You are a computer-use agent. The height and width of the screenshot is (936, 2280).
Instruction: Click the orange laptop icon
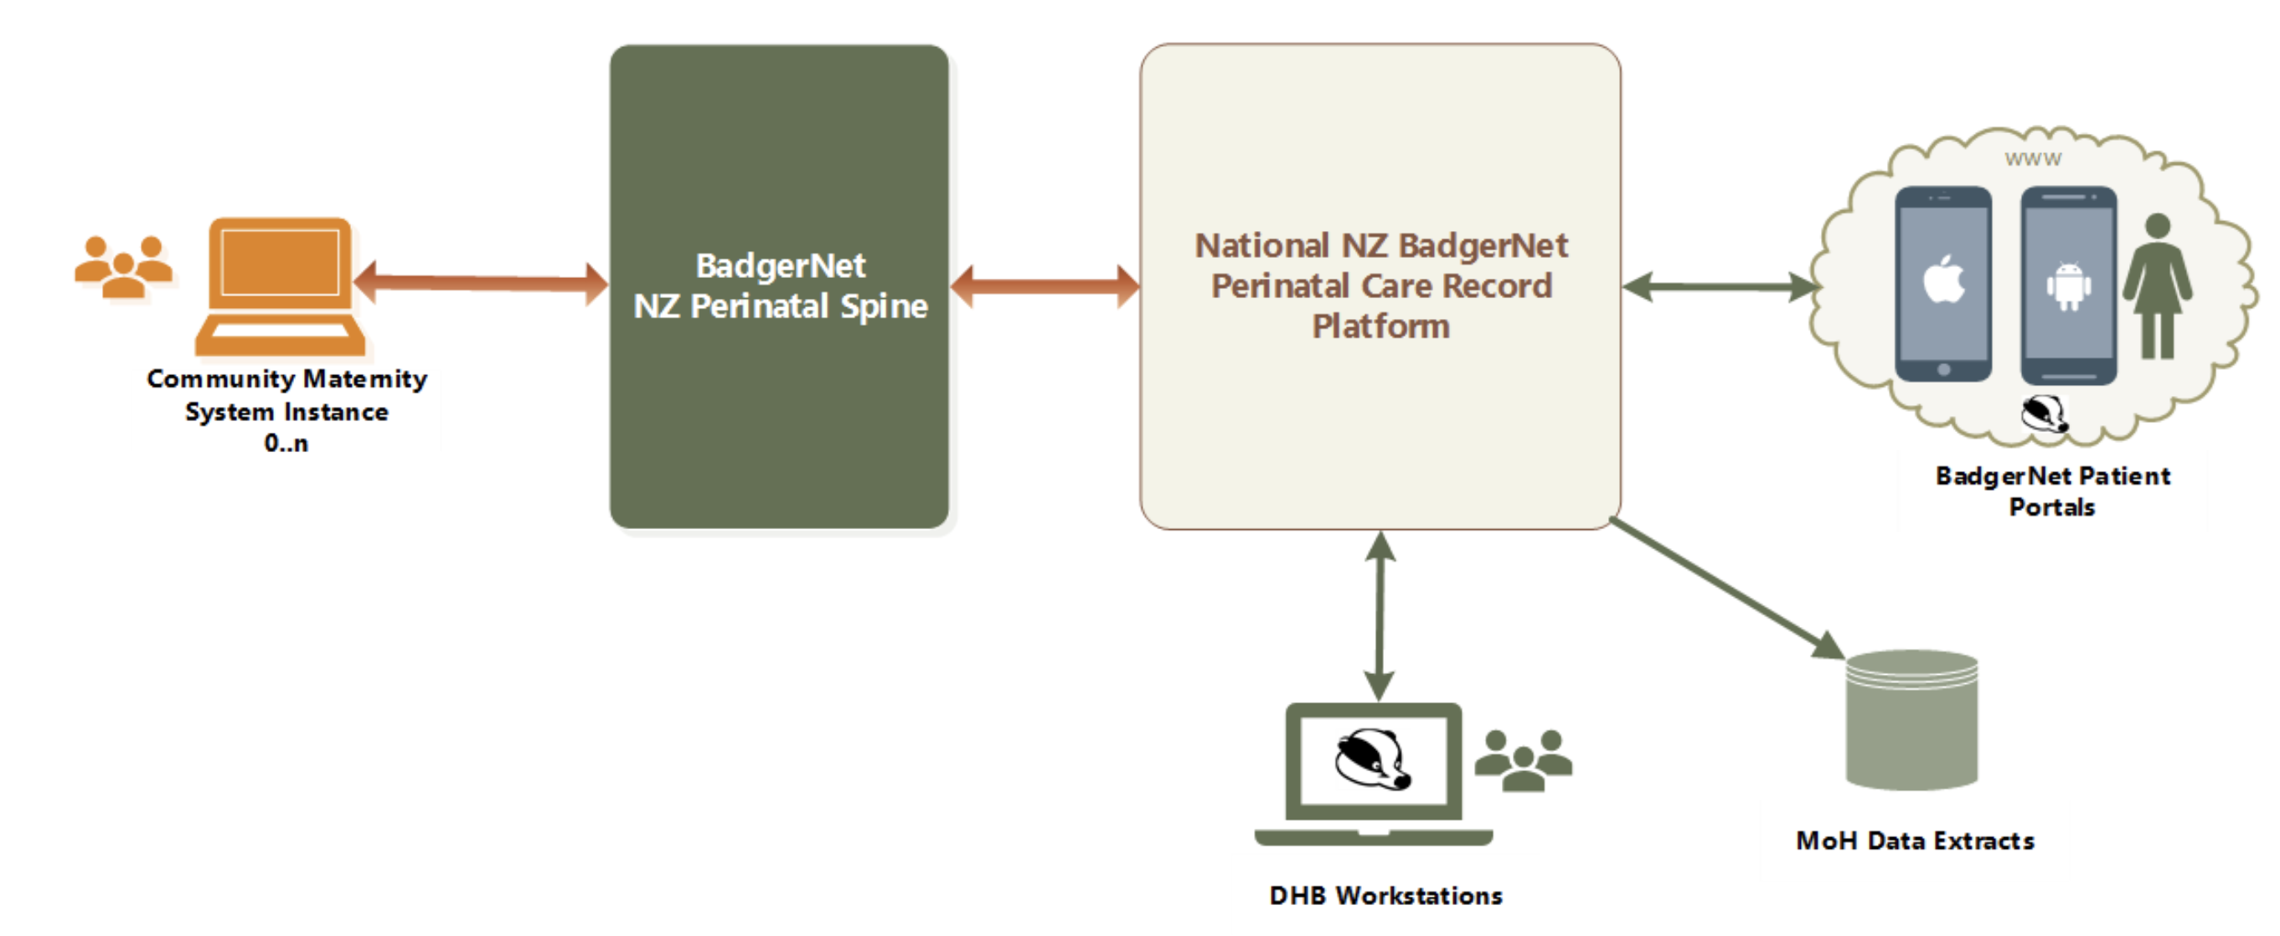280,286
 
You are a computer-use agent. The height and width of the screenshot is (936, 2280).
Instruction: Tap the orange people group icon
123,266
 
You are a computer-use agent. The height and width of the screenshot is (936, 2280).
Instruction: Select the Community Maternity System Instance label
286,410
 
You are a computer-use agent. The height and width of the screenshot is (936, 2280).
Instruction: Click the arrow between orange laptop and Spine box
481,283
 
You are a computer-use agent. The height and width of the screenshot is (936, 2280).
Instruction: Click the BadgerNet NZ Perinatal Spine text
781,285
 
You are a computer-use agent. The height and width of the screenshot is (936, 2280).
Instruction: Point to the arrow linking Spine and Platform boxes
1045,285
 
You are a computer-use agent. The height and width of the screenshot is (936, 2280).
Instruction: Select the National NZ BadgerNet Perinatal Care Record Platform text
1380,285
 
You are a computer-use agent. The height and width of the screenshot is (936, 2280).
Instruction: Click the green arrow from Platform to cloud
1720,286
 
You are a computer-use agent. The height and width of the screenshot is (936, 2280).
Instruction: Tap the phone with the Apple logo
1943,285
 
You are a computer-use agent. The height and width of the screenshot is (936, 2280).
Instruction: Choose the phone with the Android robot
2068,285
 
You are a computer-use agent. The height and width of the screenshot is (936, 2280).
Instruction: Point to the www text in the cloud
2033,159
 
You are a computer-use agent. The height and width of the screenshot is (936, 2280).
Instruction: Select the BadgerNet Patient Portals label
2052,491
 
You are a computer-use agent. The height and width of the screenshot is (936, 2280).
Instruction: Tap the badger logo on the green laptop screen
1373,759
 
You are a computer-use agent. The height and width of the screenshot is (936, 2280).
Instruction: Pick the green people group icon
1524,760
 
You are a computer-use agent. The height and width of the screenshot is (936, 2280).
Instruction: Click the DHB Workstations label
1386,895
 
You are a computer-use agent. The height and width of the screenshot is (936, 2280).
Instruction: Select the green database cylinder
1911,720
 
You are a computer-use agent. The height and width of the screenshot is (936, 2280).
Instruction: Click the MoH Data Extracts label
1916,841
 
